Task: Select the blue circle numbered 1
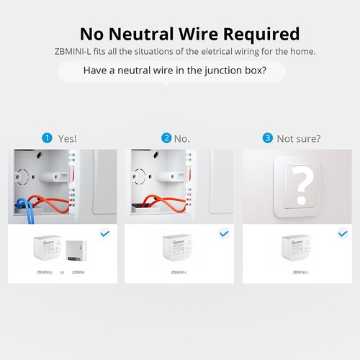pos(48,138)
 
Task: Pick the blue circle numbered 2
pos(166,138)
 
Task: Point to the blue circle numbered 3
pos(268,138)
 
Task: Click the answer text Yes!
pos(66,138)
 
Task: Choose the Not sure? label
pos(298,138)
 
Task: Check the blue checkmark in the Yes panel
pos(105,233)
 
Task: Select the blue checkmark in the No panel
pos(223,233)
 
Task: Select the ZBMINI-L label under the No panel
pos(179,272)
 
